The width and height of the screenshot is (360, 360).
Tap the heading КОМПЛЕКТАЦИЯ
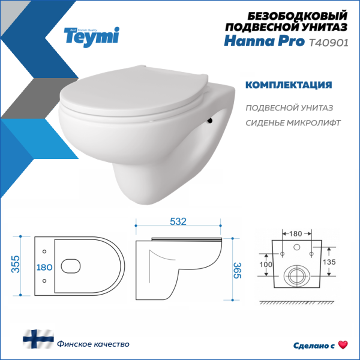pos(289,85)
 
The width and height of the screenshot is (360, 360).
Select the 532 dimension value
pos(177,221)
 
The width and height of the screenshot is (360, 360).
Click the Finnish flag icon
pos(38,340)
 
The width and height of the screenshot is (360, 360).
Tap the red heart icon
pos(343,344)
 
